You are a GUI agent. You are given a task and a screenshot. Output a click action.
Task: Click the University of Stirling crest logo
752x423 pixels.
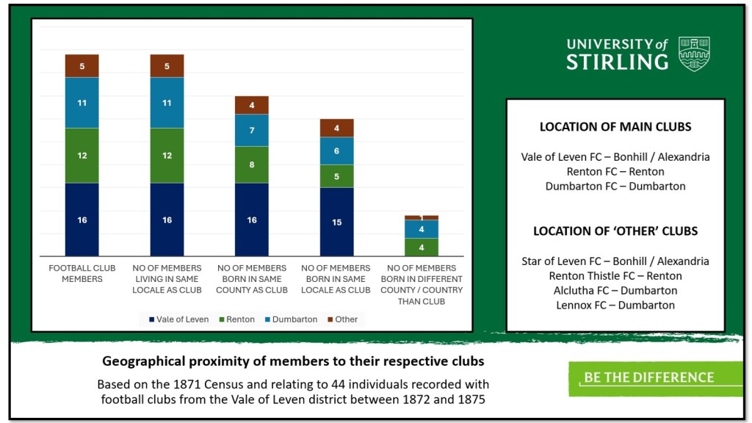[x=694, y=53]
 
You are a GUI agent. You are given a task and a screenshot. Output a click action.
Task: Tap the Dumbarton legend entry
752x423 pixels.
[x=292, y=319]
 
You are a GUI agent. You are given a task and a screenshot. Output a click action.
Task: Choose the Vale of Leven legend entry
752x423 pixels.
[x=178, y=319]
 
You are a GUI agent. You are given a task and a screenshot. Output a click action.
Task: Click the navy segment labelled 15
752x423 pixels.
[x=336, y=222]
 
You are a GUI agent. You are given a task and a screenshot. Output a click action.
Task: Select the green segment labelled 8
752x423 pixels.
[x=252, y=164]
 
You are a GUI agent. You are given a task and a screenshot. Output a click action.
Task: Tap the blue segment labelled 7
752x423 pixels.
[x=252, y=130]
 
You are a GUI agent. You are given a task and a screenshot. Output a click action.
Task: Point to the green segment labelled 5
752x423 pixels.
[x=336, y=176]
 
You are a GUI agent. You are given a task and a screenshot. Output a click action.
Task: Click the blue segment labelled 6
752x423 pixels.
[x=336, y=151]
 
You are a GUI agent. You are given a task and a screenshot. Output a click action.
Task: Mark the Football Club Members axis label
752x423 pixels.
[x=82, y=273]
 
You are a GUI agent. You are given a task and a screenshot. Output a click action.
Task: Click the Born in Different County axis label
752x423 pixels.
[x=422, y=284]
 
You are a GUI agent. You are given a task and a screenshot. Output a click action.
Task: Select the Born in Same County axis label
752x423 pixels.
[x=252, y=278]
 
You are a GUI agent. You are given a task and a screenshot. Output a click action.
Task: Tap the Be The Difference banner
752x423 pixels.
[x=655, y=377]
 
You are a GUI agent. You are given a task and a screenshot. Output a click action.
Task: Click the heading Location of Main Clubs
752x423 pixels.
[x=615, y=126]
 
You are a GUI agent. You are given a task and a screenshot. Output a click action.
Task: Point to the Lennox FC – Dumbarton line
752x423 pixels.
[x=615, y=305]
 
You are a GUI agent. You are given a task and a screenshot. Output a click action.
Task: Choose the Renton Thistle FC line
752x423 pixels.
[x=615, y=275]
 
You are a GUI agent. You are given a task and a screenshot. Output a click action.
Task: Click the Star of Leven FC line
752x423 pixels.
[x=615, y=261]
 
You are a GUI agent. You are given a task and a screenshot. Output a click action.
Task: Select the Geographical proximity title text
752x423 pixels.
[x=293, y=361]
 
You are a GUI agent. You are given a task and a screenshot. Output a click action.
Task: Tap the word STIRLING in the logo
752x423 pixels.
[x=617, y=62]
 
